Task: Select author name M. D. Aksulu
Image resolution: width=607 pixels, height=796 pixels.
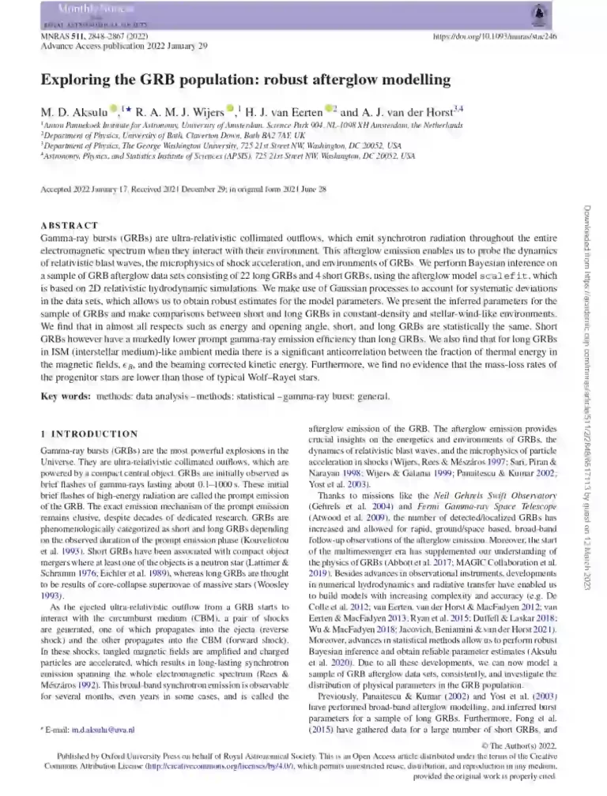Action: (x=75, y=111)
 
